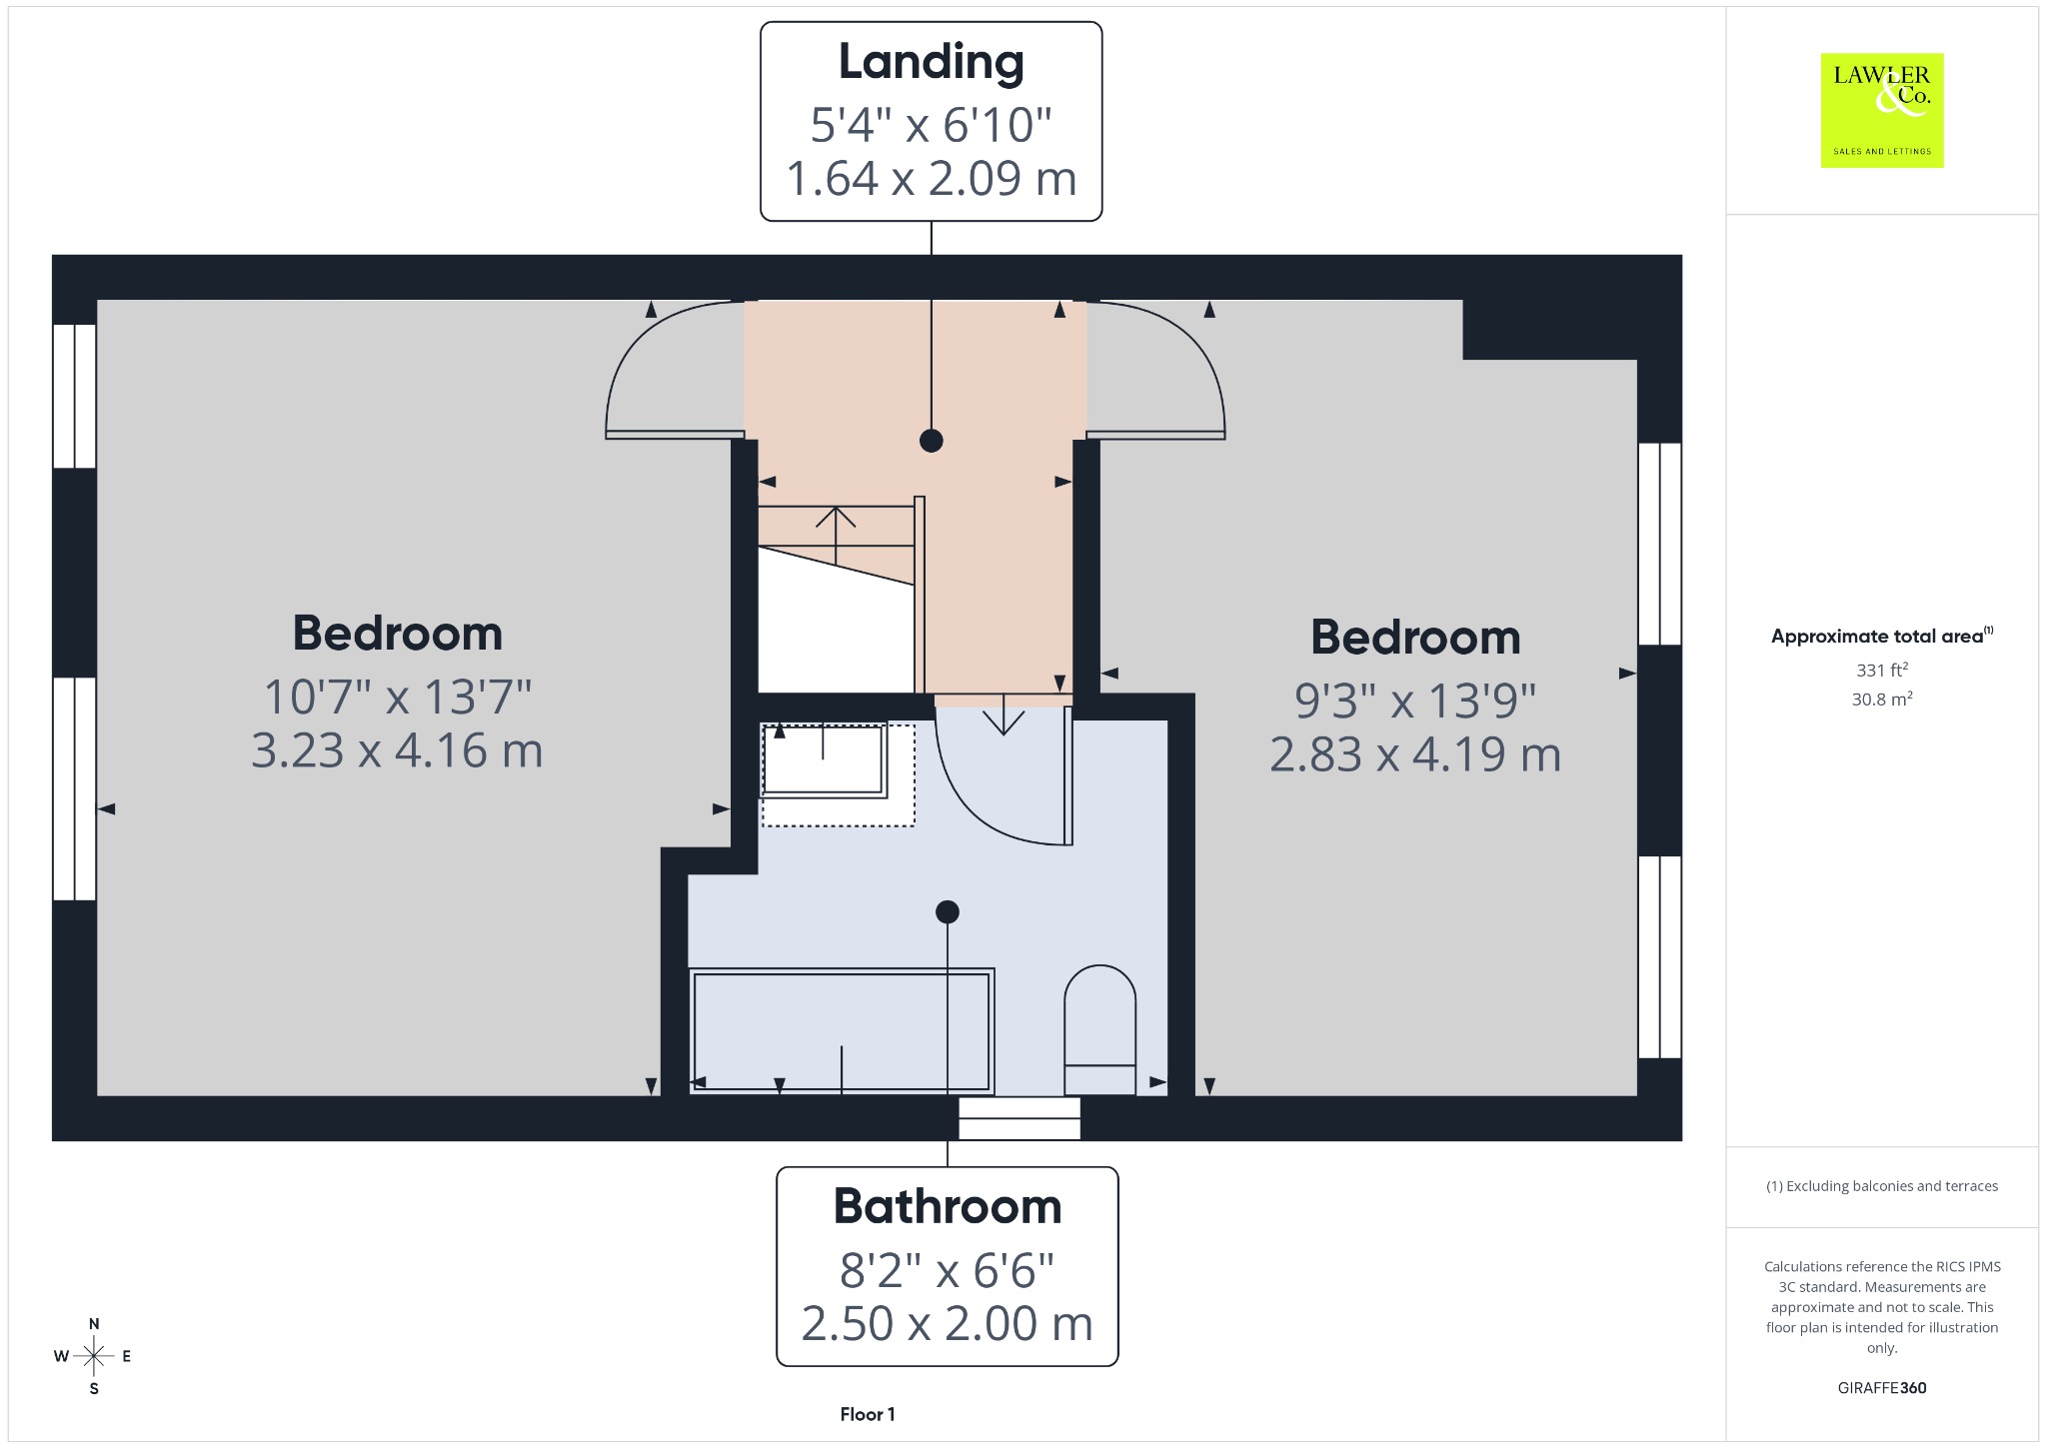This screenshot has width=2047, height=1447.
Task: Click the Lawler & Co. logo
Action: [x=1881, y=110]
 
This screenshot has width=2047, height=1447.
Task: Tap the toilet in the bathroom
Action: [x=1099, y=1030]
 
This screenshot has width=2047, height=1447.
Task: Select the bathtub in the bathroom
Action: [x=841, y=1030]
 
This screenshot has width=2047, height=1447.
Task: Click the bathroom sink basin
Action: [x=824, y=760]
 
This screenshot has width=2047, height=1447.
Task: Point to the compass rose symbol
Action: [x=94, y=1356]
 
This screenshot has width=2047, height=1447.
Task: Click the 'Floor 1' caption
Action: [x=868, y=1414]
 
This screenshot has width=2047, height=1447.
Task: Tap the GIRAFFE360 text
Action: [x=1882, y=1388]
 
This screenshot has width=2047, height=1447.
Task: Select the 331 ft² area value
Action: [x=1882, y=670]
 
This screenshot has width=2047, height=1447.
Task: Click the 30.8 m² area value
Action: [x=1882, y=699]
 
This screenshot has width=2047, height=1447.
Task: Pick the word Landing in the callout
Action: [x=931, y=62]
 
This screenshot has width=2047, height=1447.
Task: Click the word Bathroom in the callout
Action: [x=948, y=1206]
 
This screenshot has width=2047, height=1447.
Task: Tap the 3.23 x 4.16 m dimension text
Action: [x=397, y=750]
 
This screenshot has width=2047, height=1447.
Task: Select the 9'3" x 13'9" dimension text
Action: [x=1415, y=702]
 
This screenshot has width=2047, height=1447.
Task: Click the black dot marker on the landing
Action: [x=932, y=440]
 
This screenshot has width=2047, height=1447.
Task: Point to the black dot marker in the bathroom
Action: [x=948, y=911]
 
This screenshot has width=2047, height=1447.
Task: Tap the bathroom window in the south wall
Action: [x=1020, y=1119]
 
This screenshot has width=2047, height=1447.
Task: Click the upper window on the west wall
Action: [x=74, y=396]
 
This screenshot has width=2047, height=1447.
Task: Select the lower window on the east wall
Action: [x=1660, y=956]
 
